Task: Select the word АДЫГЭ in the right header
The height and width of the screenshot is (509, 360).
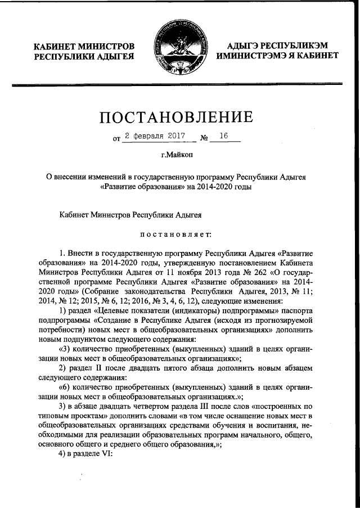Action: click(251, 45)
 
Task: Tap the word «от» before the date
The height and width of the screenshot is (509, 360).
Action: click(116, 137)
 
